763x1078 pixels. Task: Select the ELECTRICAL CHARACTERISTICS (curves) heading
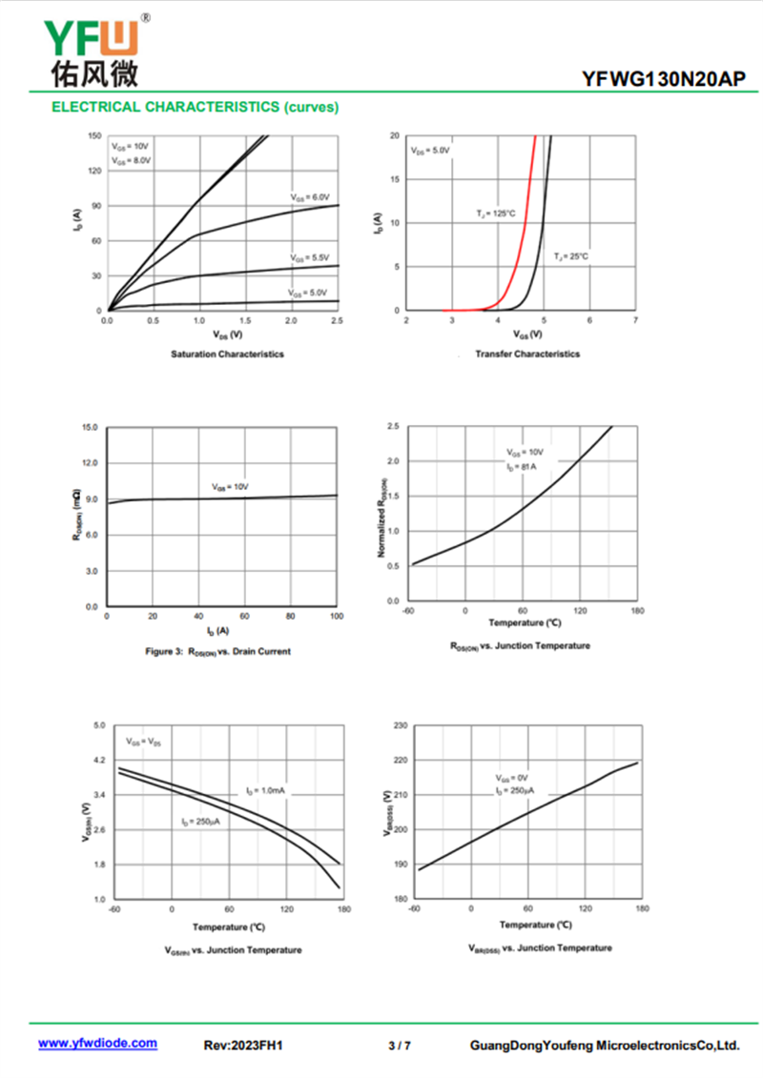pyautogui.click(x=195, y=108)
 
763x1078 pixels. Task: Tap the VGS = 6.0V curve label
pyautogui.click(x=310, y=196)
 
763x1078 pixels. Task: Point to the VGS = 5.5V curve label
pyautogui.click(x=310, y=257)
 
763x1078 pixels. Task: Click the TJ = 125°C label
pyautogui.click(x=496, y=213)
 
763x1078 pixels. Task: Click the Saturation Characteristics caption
pyautogui.click(x=227, y=354)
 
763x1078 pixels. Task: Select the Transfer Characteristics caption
pyautogui.click(x=526, y=354)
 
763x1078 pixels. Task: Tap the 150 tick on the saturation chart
pyautogui.click(x=93, y=135)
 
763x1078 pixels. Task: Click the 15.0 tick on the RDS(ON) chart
pyautogui.click(x=90, y=427)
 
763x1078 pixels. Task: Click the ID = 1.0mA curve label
pyautogui.click(x=265, y=791)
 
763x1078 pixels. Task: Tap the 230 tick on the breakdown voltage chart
pyautogui.click(x=401, y=725)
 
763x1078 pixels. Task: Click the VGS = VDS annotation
pyautogui.click(x=144, y=742)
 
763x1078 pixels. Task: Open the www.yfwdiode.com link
pyautogui.click(x=97, y=1043)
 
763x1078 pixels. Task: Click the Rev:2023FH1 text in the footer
pyautogui.click(x=243, y=1046)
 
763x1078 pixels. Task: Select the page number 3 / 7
pyautogui.click(x=400, y=1046)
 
